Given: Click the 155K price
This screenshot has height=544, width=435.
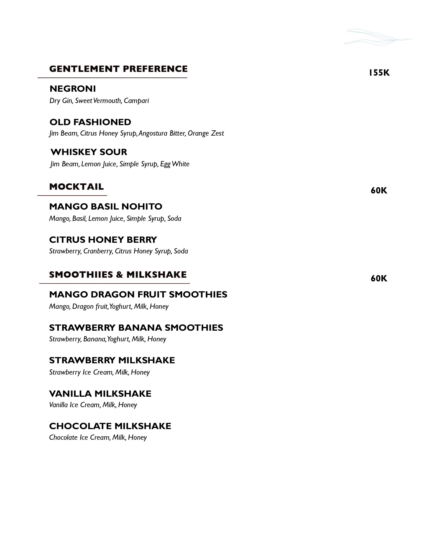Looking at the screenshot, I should (379, 73).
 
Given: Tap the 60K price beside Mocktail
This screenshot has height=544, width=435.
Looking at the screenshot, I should (379, 191).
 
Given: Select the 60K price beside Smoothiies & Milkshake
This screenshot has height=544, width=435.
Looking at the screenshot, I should (379, 278).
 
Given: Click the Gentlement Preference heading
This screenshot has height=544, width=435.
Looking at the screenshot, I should (118, 69).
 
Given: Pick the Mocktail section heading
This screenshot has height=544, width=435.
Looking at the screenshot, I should (76, 187).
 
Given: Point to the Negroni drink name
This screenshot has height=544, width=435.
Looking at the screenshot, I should (73, 89).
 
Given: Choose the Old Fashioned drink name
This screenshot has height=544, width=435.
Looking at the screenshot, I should (90, 122).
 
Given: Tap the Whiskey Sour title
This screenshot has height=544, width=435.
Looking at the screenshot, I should (89, 152).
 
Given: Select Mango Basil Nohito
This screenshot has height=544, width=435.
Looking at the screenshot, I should (106, 206).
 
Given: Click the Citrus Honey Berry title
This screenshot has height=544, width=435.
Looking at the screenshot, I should (103, 240).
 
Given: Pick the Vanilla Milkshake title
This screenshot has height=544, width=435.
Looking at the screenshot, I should (100, 394).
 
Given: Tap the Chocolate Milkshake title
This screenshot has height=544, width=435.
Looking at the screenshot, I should (110, 426).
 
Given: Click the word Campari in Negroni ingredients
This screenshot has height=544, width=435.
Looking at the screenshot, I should (136, 101).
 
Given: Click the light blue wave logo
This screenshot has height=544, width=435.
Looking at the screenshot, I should (378, 37).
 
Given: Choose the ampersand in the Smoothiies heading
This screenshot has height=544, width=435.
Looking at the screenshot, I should (119, 275).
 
